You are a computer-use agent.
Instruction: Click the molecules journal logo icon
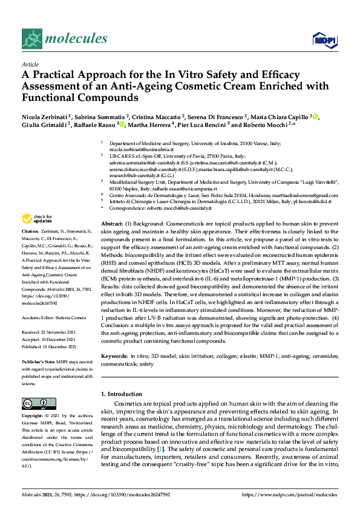(x=31, y=39)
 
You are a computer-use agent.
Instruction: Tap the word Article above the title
(x=30, y=64)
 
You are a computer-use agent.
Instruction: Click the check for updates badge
(x=34, y=218)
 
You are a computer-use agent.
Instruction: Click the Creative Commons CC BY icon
(x=35, y=403)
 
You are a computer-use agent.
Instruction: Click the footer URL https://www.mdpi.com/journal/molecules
(x=289, y=494)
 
